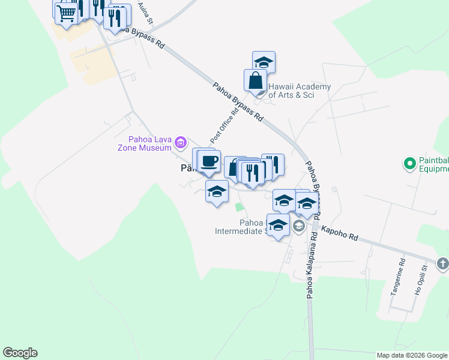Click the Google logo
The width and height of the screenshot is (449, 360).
click(x=20, y=353)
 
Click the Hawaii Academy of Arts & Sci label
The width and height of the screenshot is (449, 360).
click(x=299, y=91)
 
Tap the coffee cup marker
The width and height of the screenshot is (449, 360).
click(x=209, y=161)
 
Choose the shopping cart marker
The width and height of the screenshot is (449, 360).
click(x=67, y=12)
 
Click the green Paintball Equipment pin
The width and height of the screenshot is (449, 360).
click(x=409, y=163)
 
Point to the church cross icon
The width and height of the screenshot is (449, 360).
click(x=442, y=263)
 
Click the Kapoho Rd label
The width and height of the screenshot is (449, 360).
click(x=339, y=234)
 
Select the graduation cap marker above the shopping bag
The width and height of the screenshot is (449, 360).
click(x=264, y=62)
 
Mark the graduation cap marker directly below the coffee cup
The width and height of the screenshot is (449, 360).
click(x=217, y=192)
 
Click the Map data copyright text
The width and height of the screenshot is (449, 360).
click(x=411, y=355)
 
